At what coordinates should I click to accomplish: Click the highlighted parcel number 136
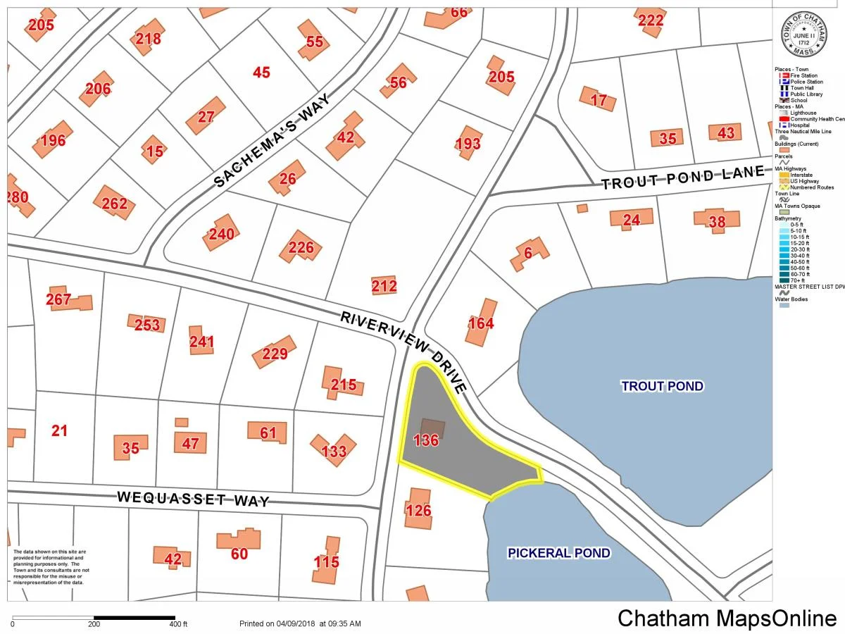(x=427, y=441)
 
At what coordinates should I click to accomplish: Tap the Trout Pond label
(x=662, y=386)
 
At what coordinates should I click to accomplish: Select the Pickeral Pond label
(x=558, y=553)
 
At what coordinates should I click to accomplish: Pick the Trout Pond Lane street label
(x=683, y=178)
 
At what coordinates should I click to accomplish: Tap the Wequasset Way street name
(x=193, y=499)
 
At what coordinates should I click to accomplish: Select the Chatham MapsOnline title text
(x=727, y=619)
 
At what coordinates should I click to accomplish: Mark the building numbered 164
(x=481, y=323)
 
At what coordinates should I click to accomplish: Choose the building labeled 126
(x=418, y=510)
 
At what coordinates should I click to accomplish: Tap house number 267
(x=59, y=299)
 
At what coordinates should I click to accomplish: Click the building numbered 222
(x=651, y=20)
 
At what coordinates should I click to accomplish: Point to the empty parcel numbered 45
(x=261, y=73)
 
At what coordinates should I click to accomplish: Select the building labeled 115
(x=327, y=561)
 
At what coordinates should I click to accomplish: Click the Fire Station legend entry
(x=803, y=75)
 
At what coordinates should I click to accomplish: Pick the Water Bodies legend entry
(x=792, y=299)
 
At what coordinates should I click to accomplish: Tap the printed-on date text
(x=300, y=623)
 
